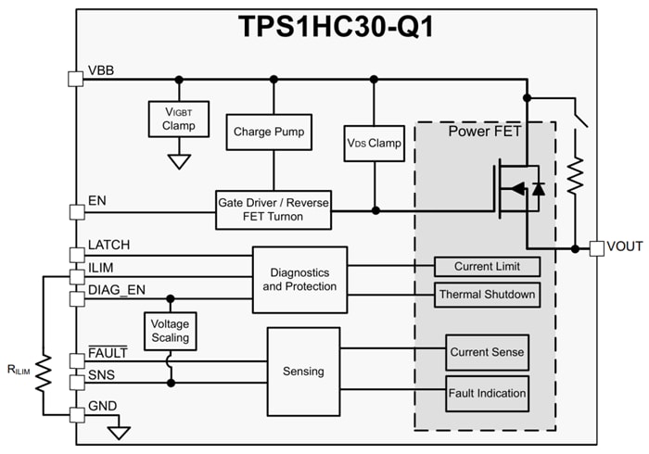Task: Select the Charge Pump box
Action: (274, 132)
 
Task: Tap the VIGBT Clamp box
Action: (179, 119)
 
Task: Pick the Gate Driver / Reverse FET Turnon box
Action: (273, 210)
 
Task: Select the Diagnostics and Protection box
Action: (299, 279)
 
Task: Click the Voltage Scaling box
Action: (171, 331)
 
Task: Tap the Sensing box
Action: (303, 371)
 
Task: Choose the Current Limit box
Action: (487, 267)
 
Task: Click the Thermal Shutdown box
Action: (487, 295)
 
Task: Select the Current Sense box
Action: (487, 352)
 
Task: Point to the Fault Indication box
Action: (487, 393)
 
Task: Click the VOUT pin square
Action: (596, 248)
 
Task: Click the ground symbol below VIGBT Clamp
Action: (179, 160)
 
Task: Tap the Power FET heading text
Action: (484, 132)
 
